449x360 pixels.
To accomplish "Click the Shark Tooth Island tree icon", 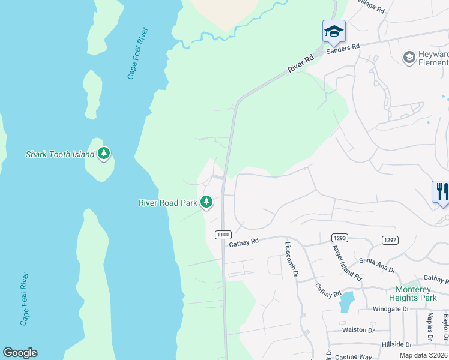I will pyautogui.click(x=104, y=154).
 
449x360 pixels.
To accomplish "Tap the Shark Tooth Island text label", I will pyautogui.click(x=60, y=154).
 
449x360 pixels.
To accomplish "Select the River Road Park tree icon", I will pyautogui.click(x=206, y=202).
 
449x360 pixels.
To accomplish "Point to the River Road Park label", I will pyautogui.click(x=168, y=203).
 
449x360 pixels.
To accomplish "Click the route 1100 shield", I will pyautogui.click(x=223, y=234).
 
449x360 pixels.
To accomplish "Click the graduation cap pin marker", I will pyautogui.click(x=334, y=31).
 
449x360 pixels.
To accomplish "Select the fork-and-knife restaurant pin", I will pyautogui.click(x=442, y=193).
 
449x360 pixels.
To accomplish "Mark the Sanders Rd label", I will pyautogui.click(x=342, y=49).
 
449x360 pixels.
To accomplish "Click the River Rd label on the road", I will pyautogui.click(x=301, y=64).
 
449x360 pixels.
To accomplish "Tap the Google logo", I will pyautogui.click(x=20, y=353).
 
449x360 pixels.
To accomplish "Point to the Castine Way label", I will pyautogui.click(x=354, y=356).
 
